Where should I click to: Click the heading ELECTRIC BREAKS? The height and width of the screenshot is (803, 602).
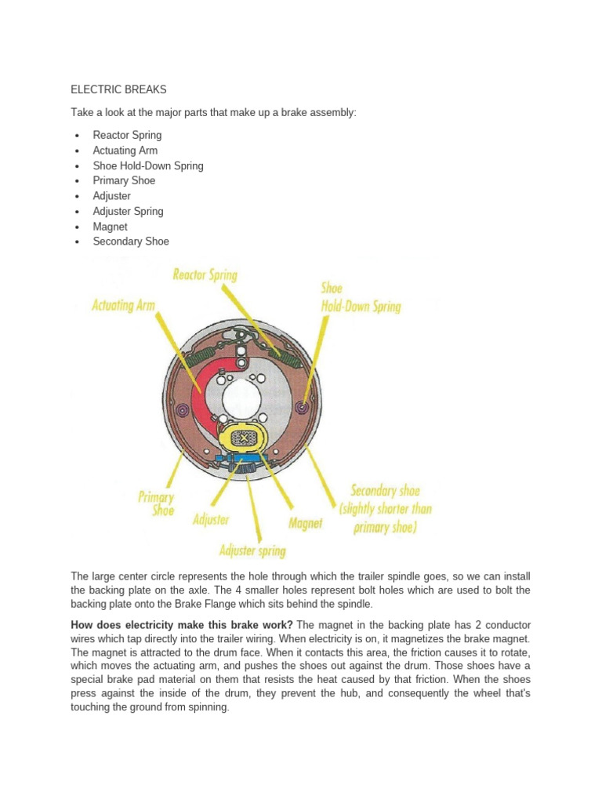pos(118,89)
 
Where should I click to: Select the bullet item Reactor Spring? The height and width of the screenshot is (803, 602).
pos(127,135)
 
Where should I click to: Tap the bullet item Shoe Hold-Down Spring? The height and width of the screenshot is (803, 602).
pos(147,165)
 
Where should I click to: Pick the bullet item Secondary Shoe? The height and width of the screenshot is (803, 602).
pos(130,242)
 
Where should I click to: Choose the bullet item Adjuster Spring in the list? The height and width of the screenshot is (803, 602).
pos(128,211)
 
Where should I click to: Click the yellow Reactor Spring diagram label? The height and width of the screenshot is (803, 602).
pos(205,275)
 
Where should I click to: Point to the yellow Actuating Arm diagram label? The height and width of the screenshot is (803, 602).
pos(123,305)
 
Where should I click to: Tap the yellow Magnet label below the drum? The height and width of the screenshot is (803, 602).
pos(305,523)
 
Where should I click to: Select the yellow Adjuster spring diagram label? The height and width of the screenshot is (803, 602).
pos(252,550)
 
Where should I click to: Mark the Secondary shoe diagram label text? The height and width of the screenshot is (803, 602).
pos(385,509)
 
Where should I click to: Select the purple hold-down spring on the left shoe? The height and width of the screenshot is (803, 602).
pos(183,409)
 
